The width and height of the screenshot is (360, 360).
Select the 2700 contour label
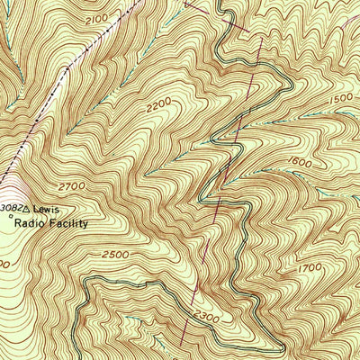(71, 185)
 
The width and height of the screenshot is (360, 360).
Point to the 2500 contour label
(114, 256)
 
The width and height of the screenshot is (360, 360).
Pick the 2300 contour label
(206, 317)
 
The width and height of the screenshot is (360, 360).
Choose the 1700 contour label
(310, 268)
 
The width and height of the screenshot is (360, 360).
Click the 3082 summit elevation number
(9, 208)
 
